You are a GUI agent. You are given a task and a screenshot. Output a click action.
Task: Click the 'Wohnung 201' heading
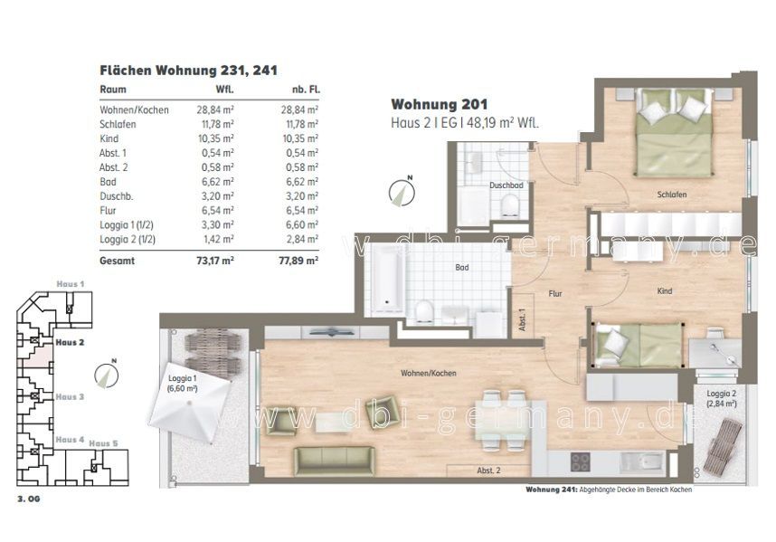pos(439,104)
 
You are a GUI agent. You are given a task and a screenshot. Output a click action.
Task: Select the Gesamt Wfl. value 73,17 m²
pos(215,261)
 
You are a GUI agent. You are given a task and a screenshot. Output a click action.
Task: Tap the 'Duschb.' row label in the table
pos(117,196)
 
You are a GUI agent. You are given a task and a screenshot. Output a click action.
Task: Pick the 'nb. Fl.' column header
pos(306,90)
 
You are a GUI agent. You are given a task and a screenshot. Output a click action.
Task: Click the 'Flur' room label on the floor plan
pos(555,293)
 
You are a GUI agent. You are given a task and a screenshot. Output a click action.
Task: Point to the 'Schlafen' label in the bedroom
pos(672,195)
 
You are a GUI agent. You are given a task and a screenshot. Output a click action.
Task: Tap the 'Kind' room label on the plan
pos(664,291)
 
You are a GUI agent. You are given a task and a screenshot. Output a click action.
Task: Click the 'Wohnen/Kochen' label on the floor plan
pos(429,373)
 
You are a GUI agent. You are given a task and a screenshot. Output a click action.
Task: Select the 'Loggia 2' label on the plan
pos(722,394)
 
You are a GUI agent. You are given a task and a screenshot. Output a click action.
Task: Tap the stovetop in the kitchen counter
pos(580,462)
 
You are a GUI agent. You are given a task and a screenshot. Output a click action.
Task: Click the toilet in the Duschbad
pos(509,206)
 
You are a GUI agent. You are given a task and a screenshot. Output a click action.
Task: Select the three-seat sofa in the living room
pos(334,461)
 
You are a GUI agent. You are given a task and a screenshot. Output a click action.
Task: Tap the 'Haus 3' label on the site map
pos(70,397)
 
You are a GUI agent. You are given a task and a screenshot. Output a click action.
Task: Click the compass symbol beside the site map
pos(107,375)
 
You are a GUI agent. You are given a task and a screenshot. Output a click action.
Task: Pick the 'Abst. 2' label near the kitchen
pos(488,471)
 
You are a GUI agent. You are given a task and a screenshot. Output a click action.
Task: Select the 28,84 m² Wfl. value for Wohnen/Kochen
pos(215,109)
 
